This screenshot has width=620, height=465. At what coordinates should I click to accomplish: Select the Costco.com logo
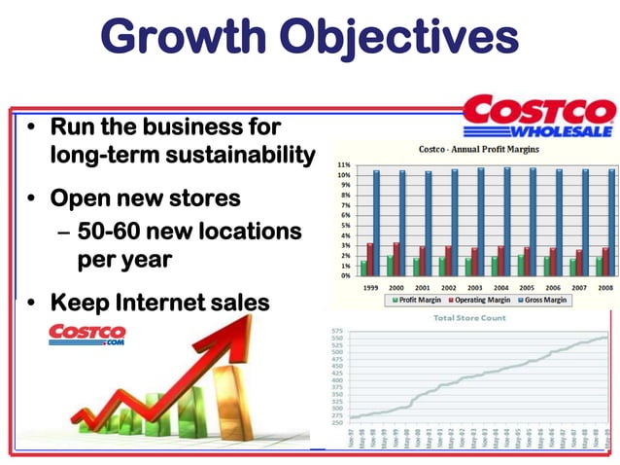[x=86, y=335]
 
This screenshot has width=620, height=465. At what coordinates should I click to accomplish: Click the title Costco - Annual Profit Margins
[x=478, y=150]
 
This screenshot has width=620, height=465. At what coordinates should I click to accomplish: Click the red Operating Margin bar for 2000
[x=396, y=259]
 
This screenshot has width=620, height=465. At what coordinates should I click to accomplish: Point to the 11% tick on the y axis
[x=343, y=165]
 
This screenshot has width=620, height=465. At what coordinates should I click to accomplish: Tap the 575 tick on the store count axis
[x=337, y=332]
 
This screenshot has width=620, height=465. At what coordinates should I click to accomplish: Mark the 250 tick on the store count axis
[x=337, y=423]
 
